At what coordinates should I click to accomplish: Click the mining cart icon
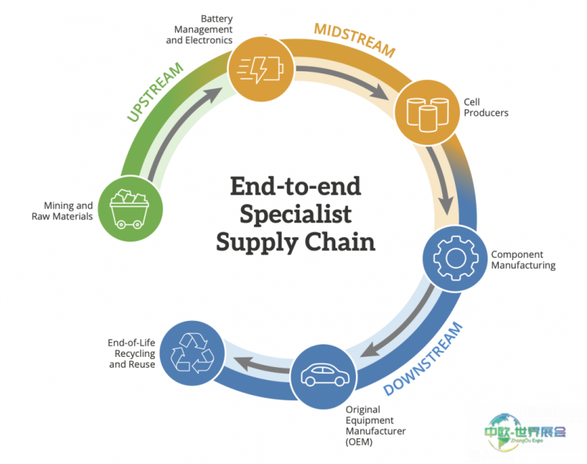[125, 209]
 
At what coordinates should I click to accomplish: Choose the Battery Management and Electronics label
[200, 29]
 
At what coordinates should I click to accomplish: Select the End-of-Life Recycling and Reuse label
[132, 353]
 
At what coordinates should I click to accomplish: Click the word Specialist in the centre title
[295, 214]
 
